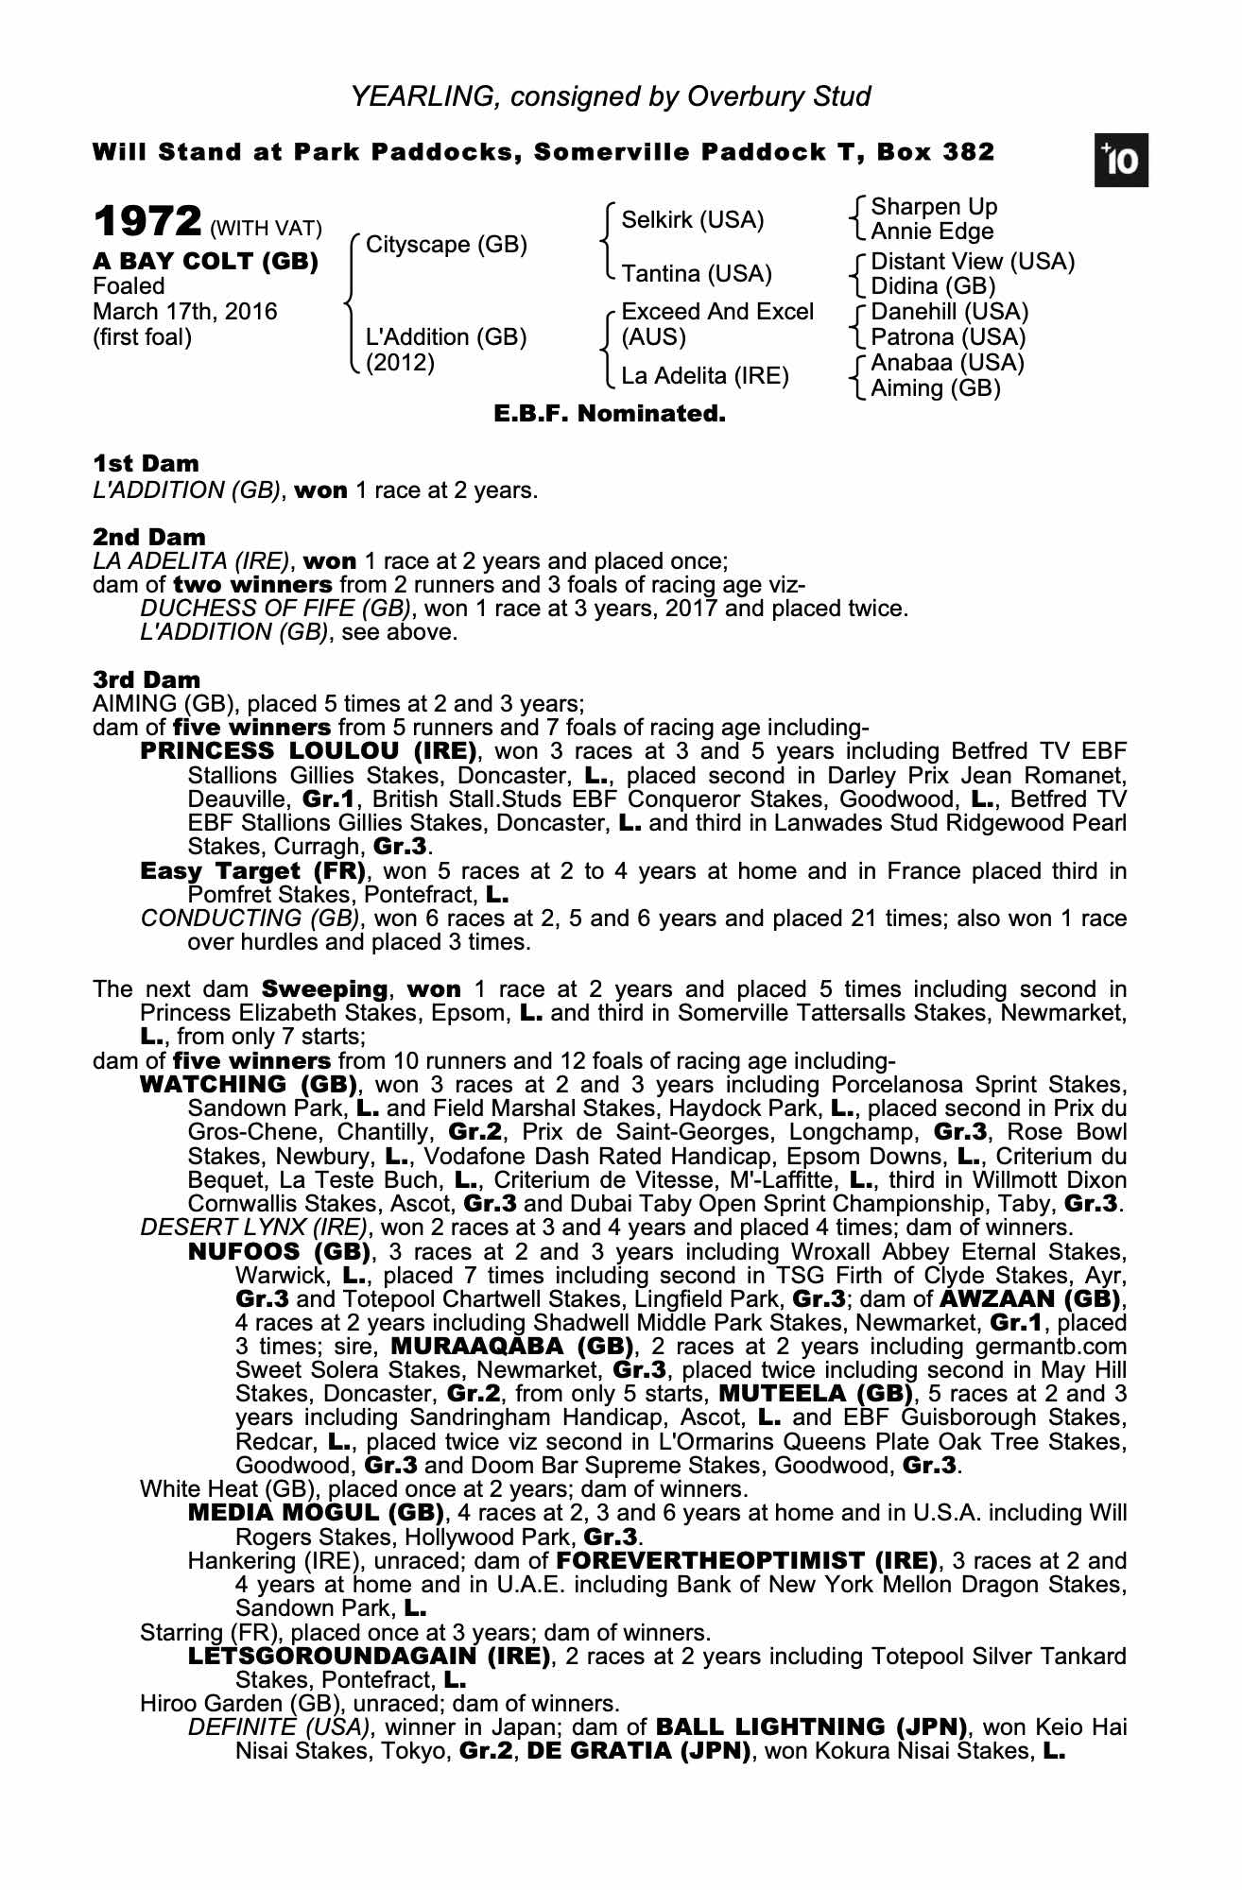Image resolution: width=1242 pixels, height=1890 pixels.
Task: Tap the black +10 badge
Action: pyautogui.click(x=1122, y=162)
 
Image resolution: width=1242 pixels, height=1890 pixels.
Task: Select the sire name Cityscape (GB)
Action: pyautogui.click(x=446, y=245)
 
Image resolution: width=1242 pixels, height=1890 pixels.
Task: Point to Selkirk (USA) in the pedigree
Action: pyautogui.click(x=693, y=220)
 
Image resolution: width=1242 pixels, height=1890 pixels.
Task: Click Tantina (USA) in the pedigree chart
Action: pyautogui.click(x=697, y=274)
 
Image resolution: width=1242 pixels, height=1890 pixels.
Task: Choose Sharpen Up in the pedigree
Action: pyautogui.click(x=934, y=207)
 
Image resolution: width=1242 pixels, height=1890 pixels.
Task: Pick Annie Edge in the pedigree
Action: pyautogui.click(x=932, y=232)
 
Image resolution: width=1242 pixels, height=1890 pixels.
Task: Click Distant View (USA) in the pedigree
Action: pyautogui.click(x=973, y=262)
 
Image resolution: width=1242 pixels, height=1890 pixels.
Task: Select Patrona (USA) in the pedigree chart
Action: pyautogui.click(x=948, y=337)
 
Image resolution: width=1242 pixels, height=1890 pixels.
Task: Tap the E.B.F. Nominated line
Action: pyautogui.click(x=610, y=414)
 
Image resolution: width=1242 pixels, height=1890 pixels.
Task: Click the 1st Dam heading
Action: pyautogui.click(x=146, y=464)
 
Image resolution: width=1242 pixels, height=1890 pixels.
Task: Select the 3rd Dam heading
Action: pyautogui.click(x=147, y=679)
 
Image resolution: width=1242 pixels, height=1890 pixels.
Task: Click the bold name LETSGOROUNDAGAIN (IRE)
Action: pyautogui.click(x=369, y=1656)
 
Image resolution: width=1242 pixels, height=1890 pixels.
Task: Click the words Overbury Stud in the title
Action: pyautogui.click(x=779, y=96)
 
